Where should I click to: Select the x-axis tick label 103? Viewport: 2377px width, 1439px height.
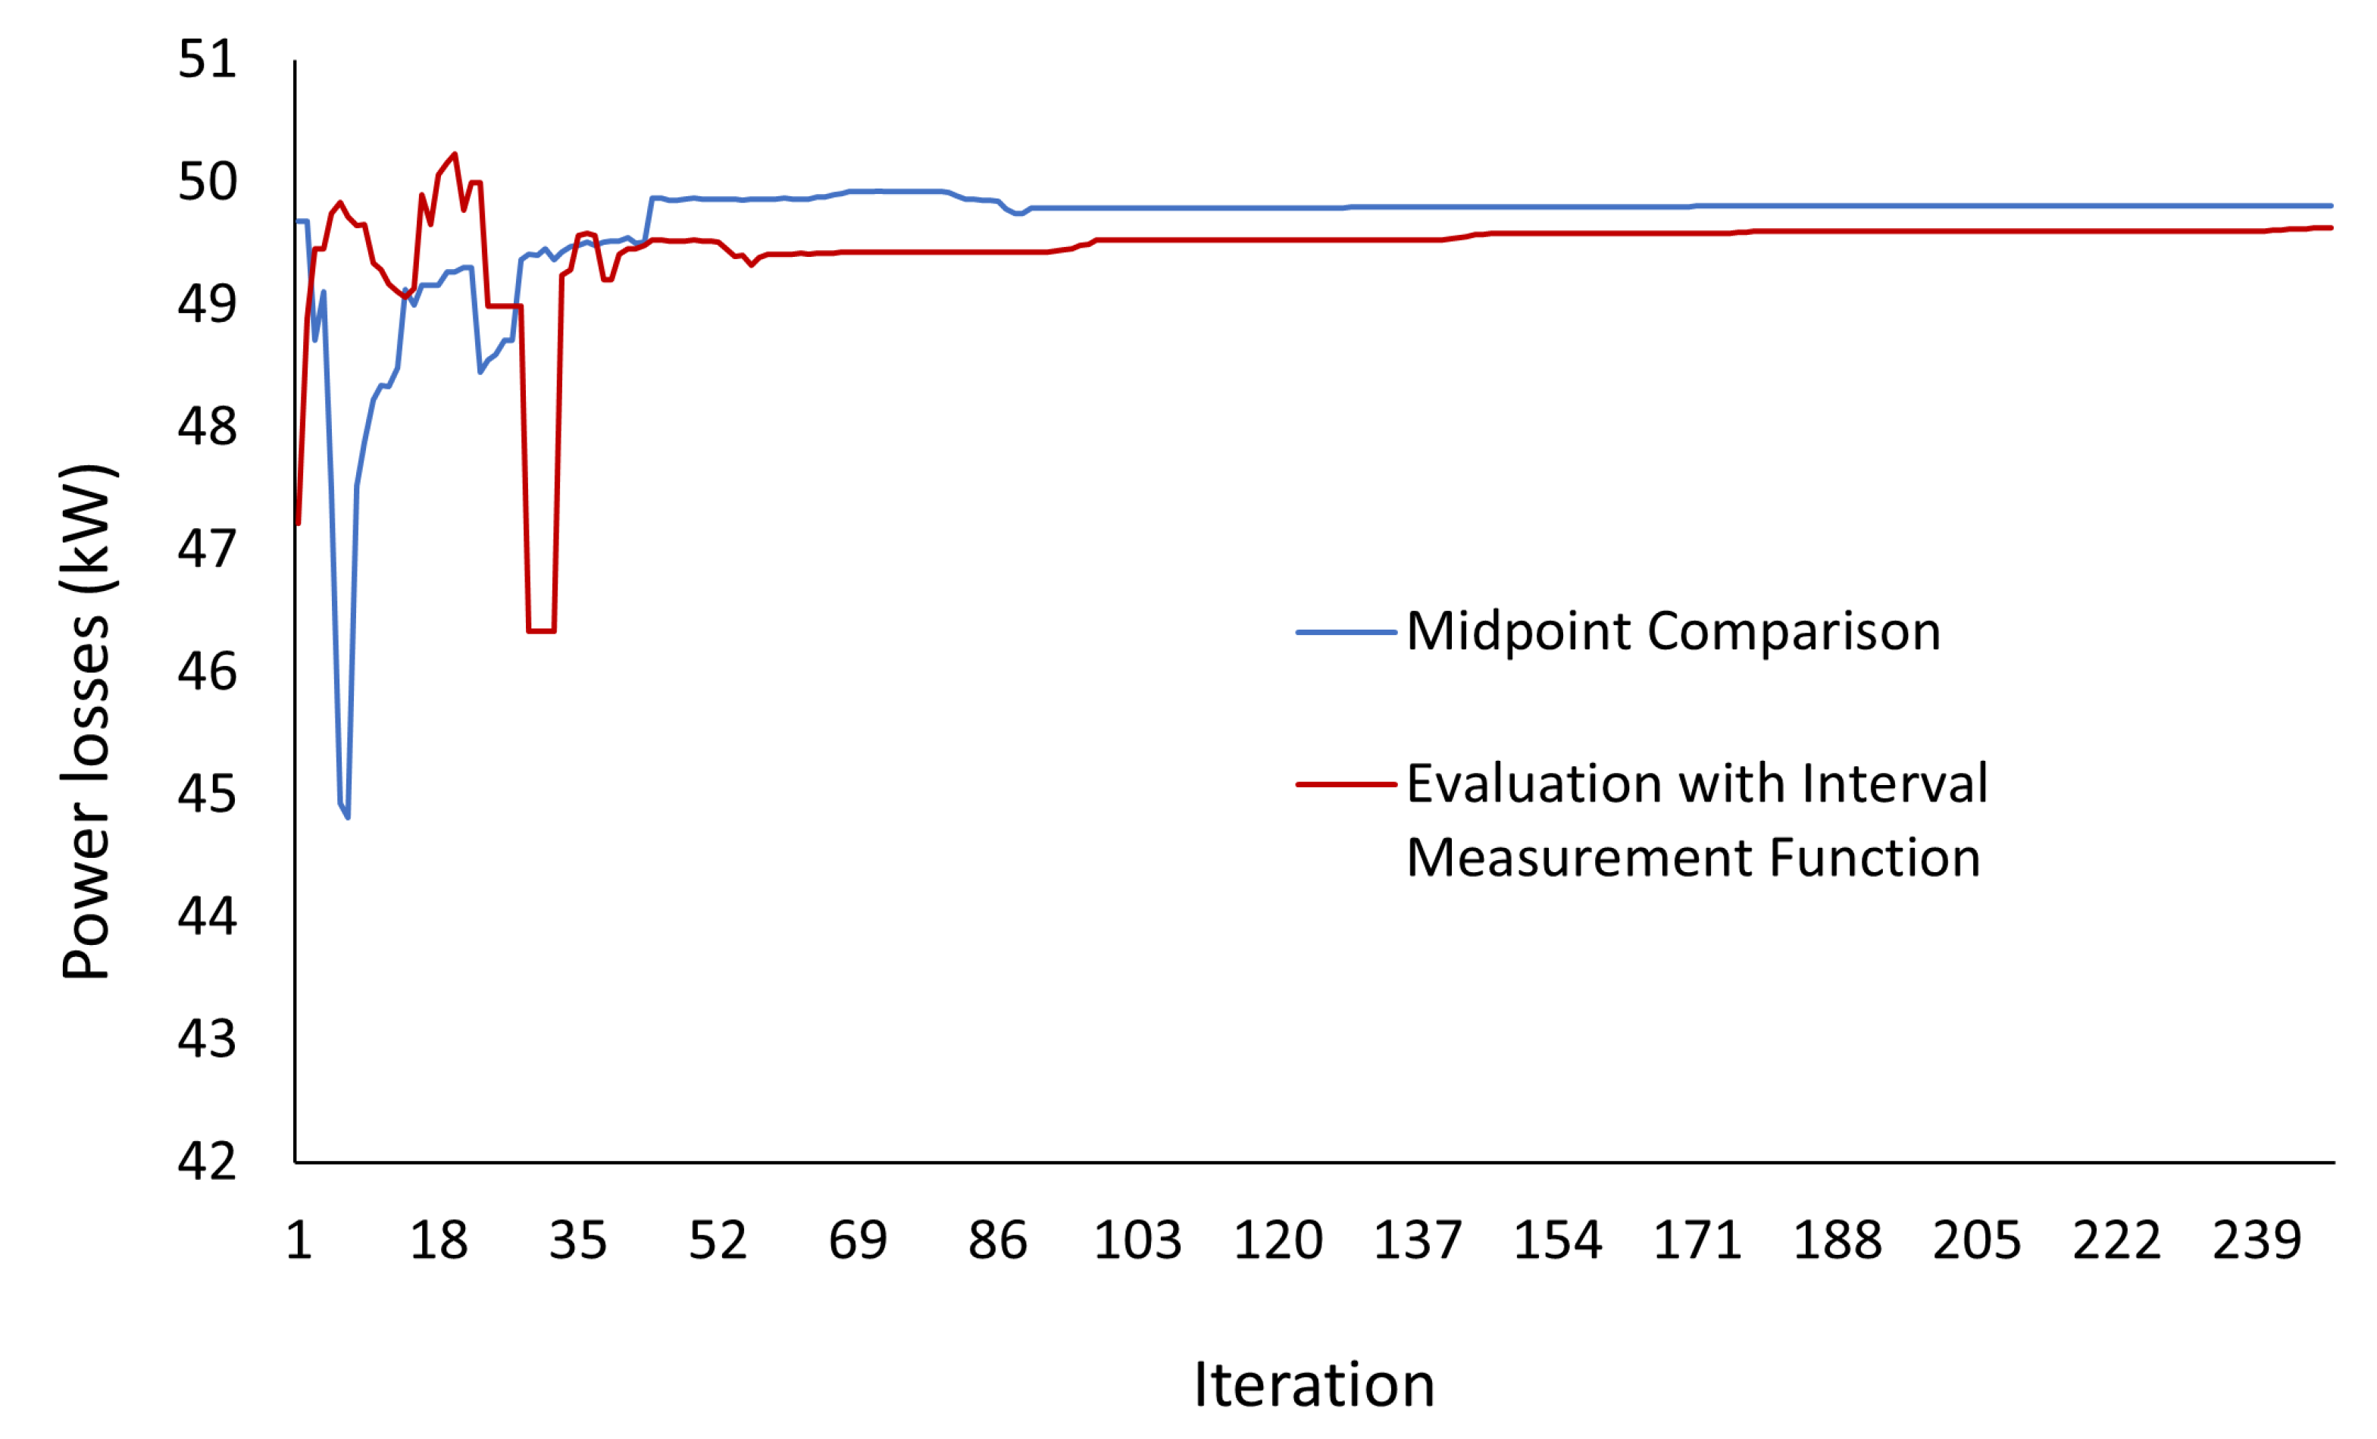(x=1137, y=1240)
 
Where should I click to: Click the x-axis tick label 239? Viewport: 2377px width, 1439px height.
(x=2257, y=1240)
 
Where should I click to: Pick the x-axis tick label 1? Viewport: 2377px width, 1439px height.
(x=299, y=1240)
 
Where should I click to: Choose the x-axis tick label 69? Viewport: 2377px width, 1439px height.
(x=858, y=1240)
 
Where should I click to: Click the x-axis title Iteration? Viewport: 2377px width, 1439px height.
(x=1314, y=1386)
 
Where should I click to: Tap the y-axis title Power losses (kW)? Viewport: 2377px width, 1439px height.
(x=87, y=724)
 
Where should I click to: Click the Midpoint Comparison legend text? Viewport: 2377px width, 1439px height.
(x=1673, y=632)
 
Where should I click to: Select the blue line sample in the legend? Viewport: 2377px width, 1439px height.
(x=1346, y=633)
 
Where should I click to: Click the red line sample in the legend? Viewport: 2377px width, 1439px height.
(x=1346, y=784)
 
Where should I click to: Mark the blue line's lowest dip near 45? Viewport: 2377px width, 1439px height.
(x=347, y=816)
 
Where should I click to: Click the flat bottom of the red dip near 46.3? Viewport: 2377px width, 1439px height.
(x=541, y=630)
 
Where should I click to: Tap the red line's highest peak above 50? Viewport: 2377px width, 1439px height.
(x=455, y=155)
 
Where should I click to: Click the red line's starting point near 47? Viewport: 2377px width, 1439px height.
(x=298, y=523)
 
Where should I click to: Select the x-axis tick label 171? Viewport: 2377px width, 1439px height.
(x=1697, y=1240)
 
